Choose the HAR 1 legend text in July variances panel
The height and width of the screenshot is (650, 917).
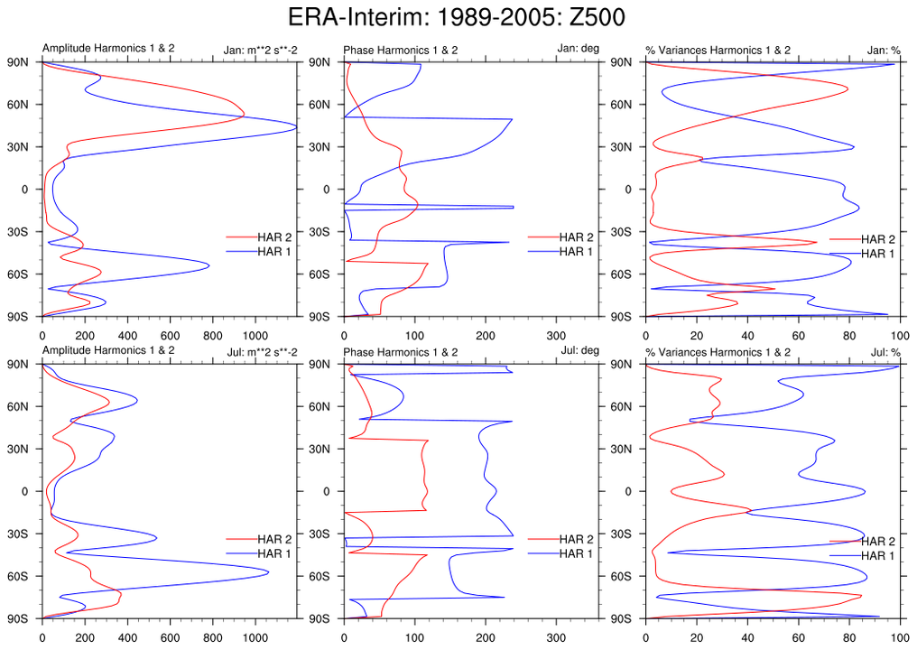[x=878, y=555]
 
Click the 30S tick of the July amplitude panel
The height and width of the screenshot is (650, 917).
[x=21, y=534]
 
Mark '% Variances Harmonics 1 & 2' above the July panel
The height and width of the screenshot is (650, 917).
[x=718, y=351]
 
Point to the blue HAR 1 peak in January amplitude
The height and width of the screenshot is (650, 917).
[x=296, y=128]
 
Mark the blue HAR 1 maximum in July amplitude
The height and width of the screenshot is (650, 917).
[x=269, y=571]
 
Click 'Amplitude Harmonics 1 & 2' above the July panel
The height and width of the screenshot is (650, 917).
[x=108, y=351]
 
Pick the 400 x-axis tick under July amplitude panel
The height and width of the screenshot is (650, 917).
[x=127, y=636]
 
